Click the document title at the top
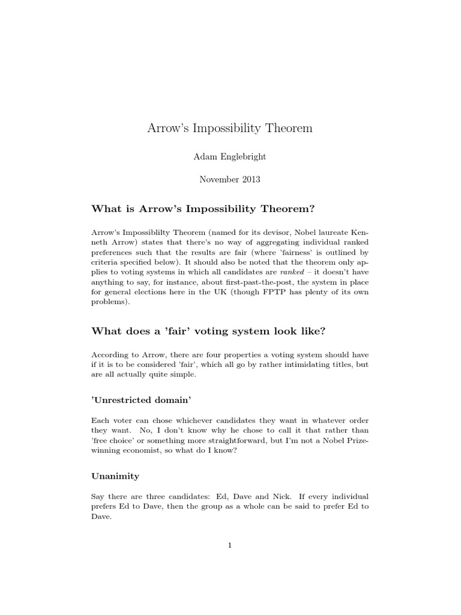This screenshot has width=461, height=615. click(x=230, y=129)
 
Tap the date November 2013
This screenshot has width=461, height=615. click(x=230, y=179)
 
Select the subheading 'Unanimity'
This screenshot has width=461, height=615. click(x=115, y=476)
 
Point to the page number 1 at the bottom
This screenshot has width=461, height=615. click(x=230, y=545)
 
